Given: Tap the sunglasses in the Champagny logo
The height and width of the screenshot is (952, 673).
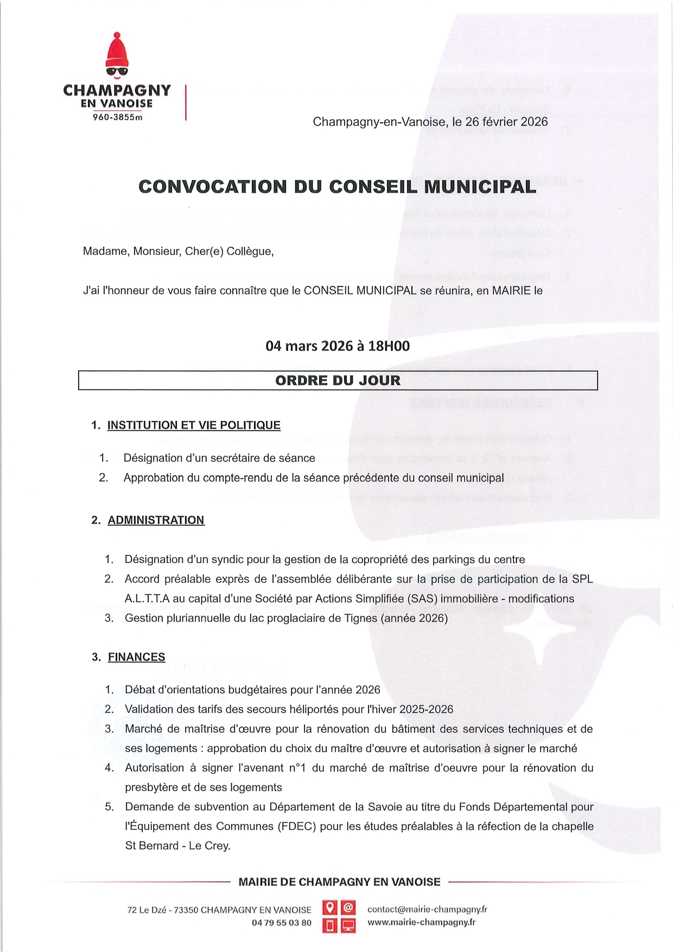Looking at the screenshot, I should point(117,71).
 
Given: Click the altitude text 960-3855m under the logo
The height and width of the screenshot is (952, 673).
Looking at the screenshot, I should point(117,117).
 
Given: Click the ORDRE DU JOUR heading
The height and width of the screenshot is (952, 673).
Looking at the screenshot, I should point(338,380).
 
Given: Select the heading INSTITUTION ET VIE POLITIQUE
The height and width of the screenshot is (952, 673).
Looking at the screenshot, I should point(194,425).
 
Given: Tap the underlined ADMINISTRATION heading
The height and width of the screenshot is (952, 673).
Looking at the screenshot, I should point(156,520).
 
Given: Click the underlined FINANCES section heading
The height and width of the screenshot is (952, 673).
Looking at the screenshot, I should point(136,657).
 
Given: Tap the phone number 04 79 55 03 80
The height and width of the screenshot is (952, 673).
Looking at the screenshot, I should point(282,922).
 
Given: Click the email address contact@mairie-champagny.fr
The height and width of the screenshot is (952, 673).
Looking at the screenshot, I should point(427,909).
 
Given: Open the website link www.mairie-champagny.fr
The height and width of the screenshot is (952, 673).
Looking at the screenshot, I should point(421,922).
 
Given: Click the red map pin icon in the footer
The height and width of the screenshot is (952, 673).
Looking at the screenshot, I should point(329,907).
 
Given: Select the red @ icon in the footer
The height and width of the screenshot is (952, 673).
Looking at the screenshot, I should point(348,907).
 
